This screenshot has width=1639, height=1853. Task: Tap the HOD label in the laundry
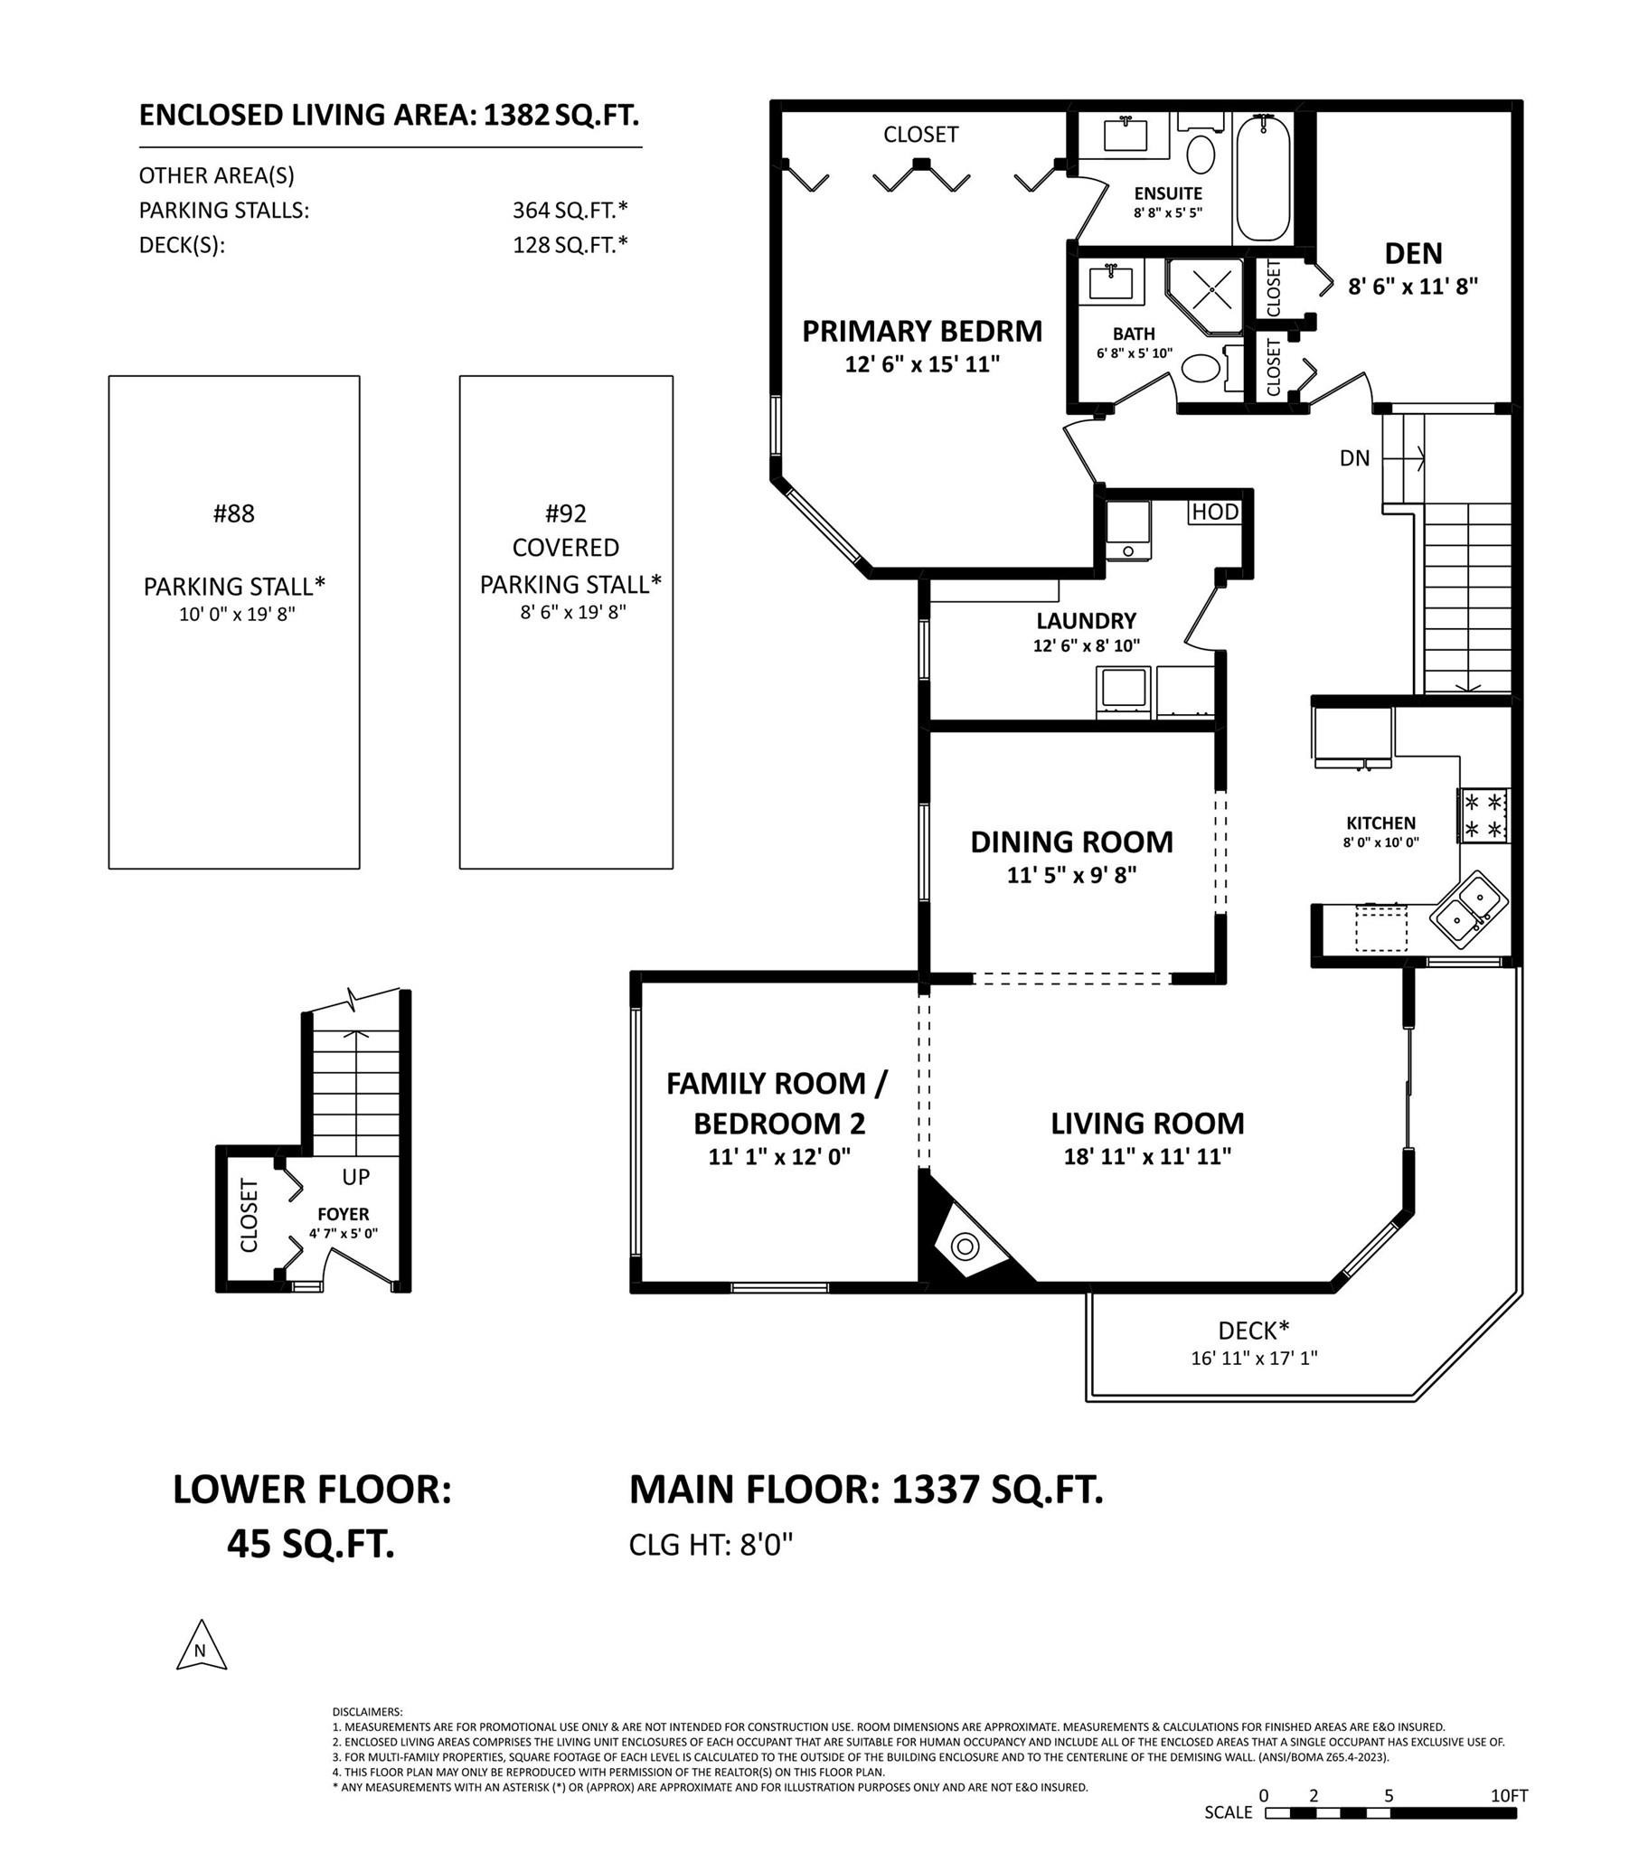(1215, 512)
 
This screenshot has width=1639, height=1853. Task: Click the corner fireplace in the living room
(966, 1247)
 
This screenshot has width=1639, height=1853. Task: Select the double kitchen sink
(1469, 909)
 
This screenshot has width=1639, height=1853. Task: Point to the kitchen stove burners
(1484, 816)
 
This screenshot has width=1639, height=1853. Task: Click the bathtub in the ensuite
(1263, 178)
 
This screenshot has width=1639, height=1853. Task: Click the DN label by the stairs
(1354, 458)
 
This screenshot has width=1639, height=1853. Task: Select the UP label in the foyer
(355, 1177)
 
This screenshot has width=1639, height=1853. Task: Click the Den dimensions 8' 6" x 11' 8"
(1413, 287)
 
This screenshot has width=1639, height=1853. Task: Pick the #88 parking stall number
(234, 514)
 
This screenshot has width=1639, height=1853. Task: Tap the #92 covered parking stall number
(566, 514)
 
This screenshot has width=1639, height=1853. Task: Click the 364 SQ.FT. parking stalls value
(570, 211)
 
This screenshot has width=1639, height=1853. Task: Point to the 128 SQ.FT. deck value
(570, 245)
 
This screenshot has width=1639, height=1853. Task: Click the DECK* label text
(1254, 1330)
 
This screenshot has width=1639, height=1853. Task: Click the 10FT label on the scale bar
(1510, 1794)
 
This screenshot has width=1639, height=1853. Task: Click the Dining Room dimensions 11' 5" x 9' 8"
(1071, 876)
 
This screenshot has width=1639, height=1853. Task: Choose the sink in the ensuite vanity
(1125, 134)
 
